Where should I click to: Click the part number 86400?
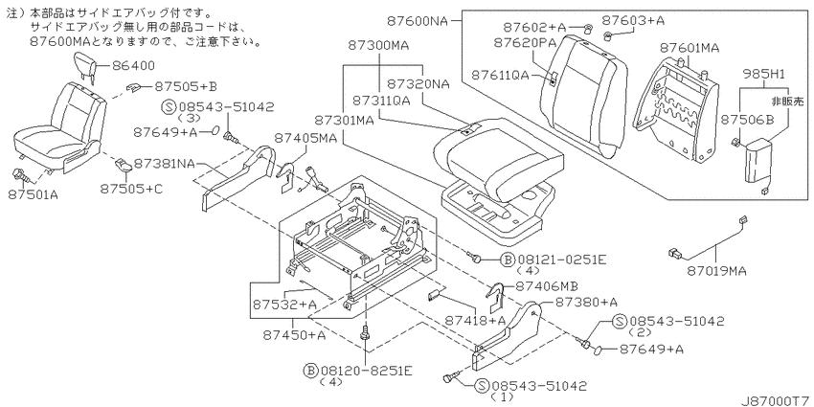[x=132, y=66]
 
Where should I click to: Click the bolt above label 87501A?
[x=21, y=175]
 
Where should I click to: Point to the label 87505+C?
[x=131, y=189]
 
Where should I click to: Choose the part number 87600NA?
[x=418, y=21]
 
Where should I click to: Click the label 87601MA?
[x=690, y=48]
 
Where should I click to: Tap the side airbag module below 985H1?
[x=757, y=161]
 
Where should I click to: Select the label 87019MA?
[x=717, y=270]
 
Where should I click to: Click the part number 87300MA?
[x=378, y=46]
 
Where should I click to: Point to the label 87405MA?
[x=305, y=139]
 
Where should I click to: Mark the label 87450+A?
[x=295, y=335]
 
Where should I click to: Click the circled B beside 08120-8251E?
[x=310, y=371]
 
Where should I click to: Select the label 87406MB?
[x=546, y=286]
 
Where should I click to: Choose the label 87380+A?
[x=587, y=302]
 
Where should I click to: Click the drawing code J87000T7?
[x=777, y=401]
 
